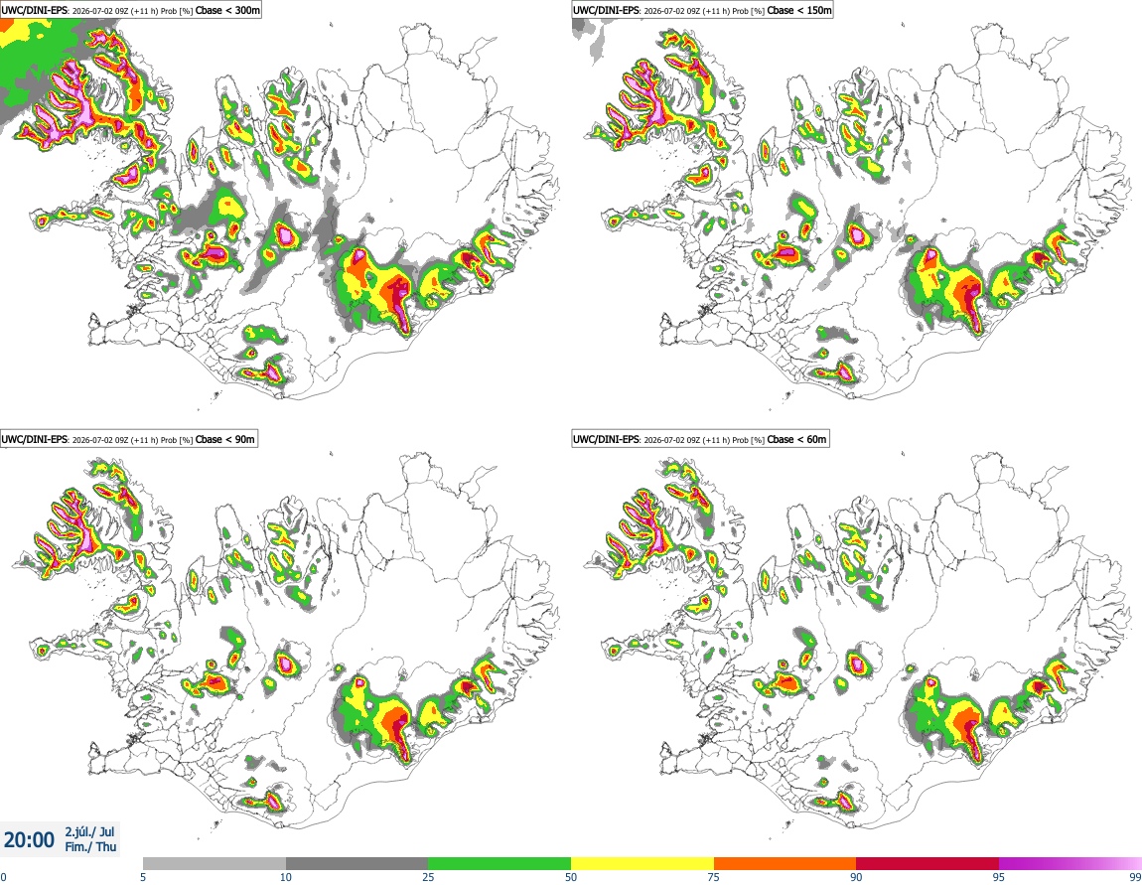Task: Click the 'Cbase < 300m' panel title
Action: (x=227, y=10)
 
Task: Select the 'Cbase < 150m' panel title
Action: (x=799, y=10)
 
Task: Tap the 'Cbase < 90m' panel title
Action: (x=225, y=439)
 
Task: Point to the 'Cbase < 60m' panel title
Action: (x=796, y=439)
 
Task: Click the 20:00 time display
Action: (x=29, y=840)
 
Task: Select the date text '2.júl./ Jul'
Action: (x=89, y=831)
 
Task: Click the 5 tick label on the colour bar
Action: (x=143, y=877)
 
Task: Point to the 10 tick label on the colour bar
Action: (x=286, y=877)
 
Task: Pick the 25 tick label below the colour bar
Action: (x=428, y=877)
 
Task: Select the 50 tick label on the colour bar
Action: (x=571, y=877)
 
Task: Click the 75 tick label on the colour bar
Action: (x=714, y=877)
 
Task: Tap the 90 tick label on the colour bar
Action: (x=856, y=877)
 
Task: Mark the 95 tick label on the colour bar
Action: (x=999, y=877)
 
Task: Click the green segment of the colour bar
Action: (x=500, y=864)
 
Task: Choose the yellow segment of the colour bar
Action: (x=642, y=864)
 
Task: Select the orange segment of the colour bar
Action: (x=785, y=864)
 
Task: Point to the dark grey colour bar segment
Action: (x=357, y=864)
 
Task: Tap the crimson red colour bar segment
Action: (x=928, y=864)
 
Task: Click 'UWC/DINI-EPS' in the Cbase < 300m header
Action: (x=34, y=10)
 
